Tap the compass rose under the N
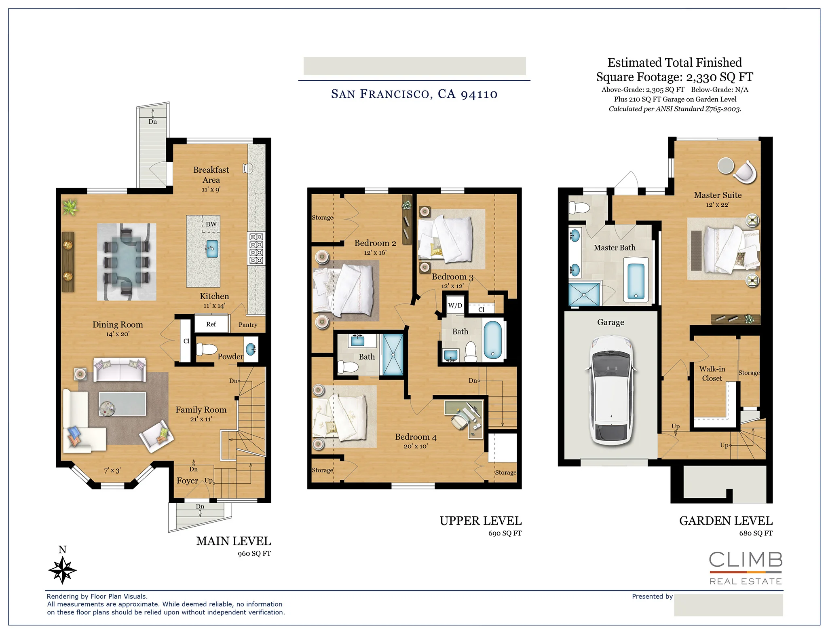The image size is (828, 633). point(62,570)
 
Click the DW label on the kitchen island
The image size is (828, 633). point(211,224)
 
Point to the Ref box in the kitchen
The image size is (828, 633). point(211,324)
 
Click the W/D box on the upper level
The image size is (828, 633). point(455,306)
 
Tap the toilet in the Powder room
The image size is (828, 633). point(206,349)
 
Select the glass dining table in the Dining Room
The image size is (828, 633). point(127,262)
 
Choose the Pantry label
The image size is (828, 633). point(248,324)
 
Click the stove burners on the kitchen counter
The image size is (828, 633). point(256,248)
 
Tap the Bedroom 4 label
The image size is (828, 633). point(415,437)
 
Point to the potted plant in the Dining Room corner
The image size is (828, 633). point(70,207)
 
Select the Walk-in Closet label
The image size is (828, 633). point(712,373)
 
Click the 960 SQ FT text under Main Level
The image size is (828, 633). point(254,553)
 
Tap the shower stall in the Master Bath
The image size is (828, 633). point(584,294)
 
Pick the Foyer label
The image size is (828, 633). point(187,481)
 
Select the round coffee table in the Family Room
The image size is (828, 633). point(108,408)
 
